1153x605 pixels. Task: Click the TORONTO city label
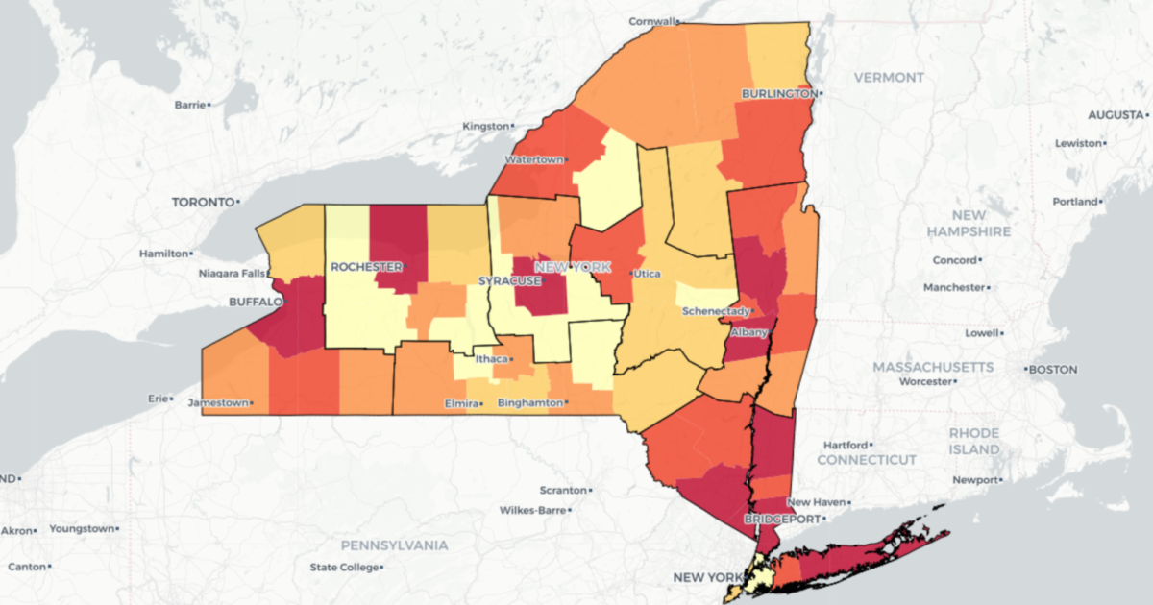(x=203, y=203)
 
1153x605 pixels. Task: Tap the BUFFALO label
(x=255, y=301)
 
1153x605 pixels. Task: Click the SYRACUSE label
(x=509, y=281)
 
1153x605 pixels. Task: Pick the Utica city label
(x=648, y=274)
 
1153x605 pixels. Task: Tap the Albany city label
(x=748, y=332)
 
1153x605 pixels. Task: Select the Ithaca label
(x=491, y=359)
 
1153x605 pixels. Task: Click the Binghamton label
(x=529, y=403)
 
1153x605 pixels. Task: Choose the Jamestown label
(x=218, y=402)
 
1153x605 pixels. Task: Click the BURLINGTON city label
(x=778, y=93)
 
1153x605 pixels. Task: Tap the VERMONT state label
(x=889, y=77)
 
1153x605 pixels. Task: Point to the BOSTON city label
(x=1054, y=369)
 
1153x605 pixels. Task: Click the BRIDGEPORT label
(x=780, y=519)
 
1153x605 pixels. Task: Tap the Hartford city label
(x=845, y=445)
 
